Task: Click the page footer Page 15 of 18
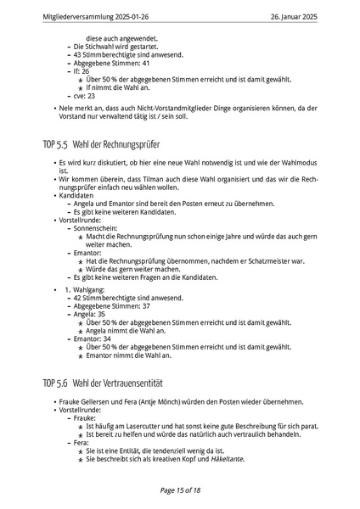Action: click(x=180, y=489)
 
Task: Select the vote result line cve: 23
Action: click(x=84, y=96)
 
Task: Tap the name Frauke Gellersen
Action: click(x=89, y=401)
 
